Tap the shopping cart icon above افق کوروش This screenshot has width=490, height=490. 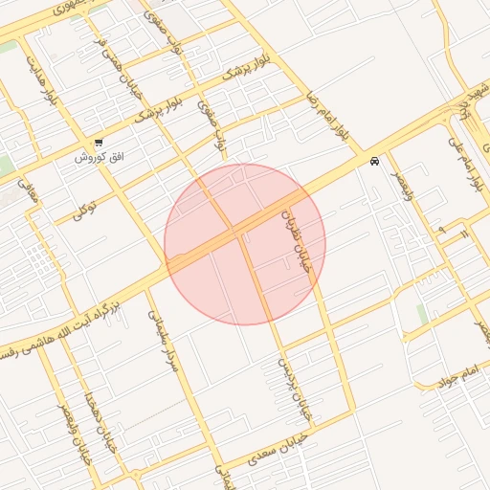[99, 143]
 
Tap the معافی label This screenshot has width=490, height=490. [30, 192]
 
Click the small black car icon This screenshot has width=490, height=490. [373, 162]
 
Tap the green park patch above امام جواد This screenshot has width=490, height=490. [422, 315]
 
